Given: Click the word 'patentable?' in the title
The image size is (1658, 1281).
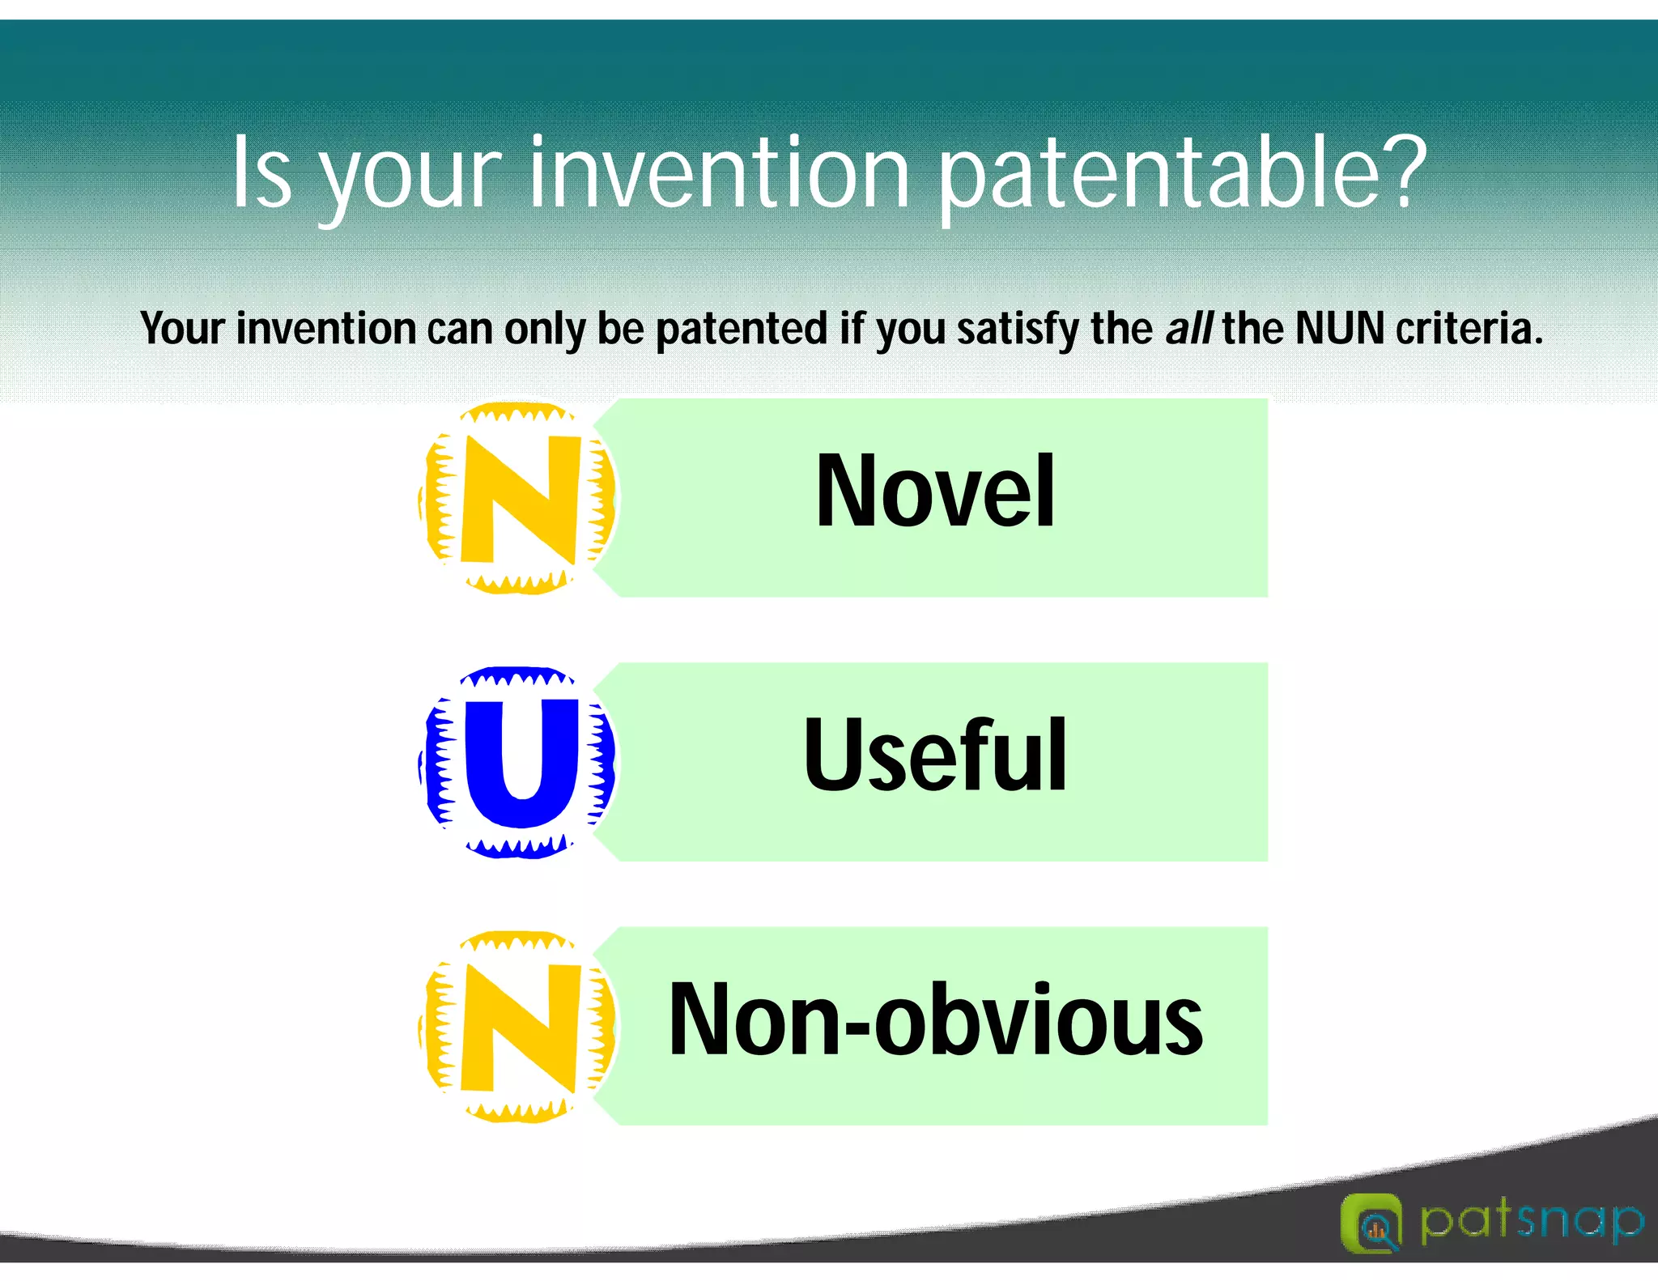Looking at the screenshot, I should (x=1183, y=174).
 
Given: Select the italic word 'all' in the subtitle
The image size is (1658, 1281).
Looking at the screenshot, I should (x=1188, y=328).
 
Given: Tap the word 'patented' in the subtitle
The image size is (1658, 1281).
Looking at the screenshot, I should (x=742, y=330).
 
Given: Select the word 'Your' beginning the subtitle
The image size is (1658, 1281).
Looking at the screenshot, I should (x=182, y=328).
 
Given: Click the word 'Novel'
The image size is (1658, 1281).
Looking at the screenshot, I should (x=935, y=491).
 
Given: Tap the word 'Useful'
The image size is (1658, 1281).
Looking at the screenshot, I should (x=935, y=755).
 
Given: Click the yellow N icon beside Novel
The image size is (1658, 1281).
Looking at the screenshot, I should (x=518, y=498).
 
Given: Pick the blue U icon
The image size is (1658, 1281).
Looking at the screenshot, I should (x=518, y=762).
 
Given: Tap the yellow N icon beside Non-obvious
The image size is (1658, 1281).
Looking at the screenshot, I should (x=518, y=1026).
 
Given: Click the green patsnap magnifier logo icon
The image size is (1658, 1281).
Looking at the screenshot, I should (x=1371, y=1223).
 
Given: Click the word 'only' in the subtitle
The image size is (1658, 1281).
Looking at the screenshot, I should (x=546, y=330).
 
